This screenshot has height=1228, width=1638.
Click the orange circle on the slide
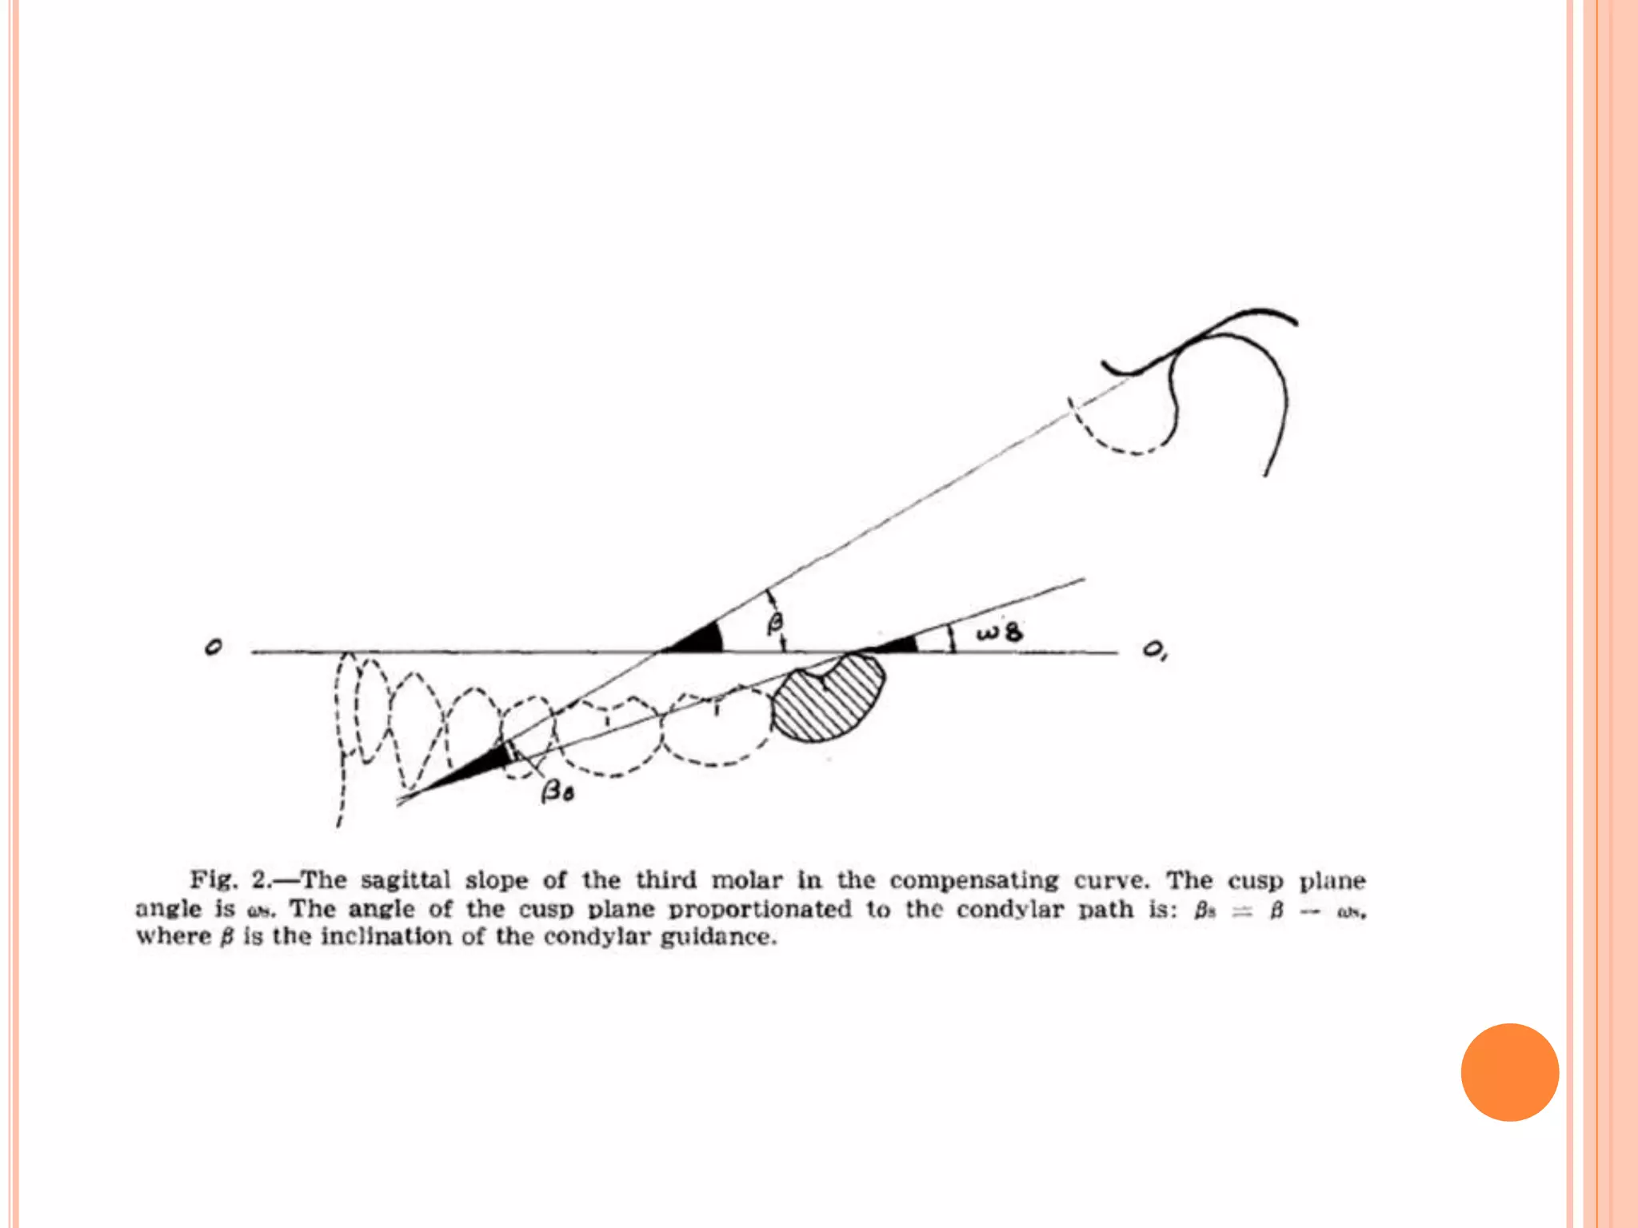[x=1509, y=1072]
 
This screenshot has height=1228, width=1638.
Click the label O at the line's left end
[x=213, y=647]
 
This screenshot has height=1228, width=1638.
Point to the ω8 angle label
[x=999, y=633]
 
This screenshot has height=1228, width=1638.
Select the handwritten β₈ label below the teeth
[x=557, y=792]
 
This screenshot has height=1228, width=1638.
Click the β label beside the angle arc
[x=775, y=623]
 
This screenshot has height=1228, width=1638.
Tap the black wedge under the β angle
[x=700, y=640]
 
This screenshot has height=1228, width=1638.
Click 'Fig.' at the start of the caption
[x=214, y=880]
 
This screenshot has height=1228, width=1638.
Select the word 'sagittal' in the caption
[x=405, y=880]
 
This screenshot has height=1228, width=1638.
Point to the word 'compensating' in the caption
[x=973, y=880]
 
